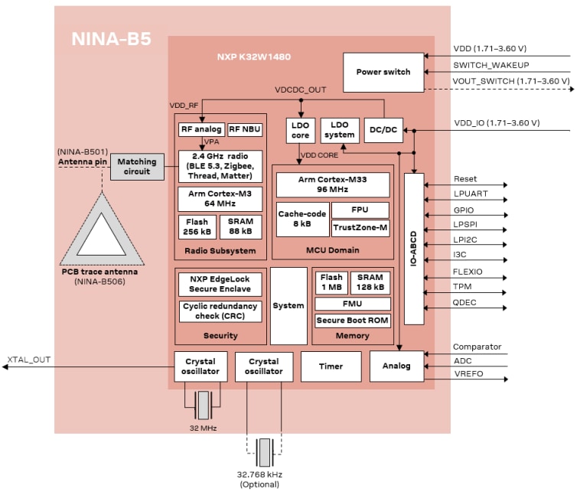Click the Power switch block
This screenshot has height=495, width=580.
coord(383,72)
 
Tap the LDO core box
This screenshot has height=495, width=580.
coord(300,130)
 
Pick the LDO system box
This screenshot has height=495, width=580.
coord(339,130)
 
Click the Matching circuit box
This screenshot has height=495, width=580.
coord(137,166)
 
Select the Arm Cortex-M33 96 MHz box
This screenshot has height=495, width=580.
coord(332,184)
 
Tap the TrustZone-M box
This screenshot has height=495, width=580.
coord(360,228)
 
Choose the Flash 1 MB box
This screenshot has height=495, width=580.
coord(331,283)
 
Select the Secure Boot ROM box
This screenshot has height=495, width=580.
coord(353,320)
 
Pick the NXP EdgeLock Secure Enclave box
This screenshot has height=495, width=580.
coord(220,284)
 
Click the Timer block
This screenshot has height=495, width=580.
coord(331,366)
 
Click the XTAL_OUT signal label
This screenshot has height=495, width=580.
coord(29,359)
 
